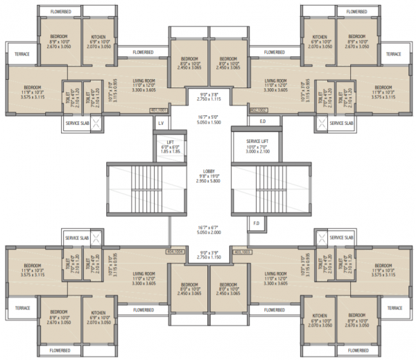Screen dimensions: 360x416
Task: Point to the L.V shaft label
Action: pyautogui.click(x=161, y=123)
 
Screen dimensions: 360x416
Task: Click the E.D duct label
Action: pyautogui.click(x=262, y=122)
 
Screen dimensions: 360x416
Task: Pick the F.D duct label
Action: pyautogui.click(x=255, y=223)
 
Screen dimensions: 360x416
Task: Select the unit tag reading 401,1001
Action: pyautogui.click(x=159, y=110)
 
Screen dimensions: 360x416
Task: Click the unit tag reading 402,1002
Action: pyautogui.click(x=259, y=110)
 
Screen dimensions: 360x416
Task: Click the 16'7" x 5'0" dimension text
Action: pyautogui.click(x=209, y=118)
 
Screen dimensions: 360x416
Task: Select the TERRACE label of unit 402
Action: pyautogui.click(x=394, y=53)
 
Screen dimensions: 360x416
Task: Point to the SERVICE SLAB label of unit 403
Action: pyautogui.click(x=342, y=238)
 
